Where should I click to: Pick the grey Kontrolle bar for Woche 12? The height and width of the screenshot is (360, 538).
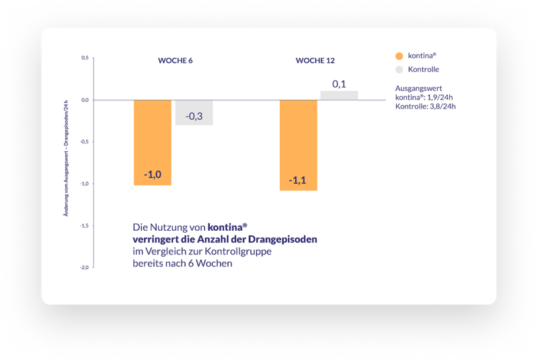[x=339, y=96]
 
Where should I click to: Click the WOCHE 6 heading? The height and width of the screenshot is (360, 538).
[x=175, y=61]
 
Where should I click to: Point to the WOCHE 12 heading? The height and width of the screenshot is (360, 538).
[x=315, y=61]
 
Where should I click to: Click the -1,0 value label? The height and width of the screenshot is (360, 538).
[x=153, y=175]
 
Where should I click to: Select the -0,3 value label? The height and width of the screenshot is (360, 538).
[x=194, y=116]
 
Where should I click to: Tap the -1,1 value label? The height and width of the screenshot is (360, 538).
[x=298, y=180]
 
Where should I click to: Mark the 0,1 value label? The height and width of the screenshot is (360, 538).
[x=339, y=84]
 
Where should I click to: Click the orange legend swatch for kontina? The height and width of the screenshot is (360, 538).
[x=399, y=56]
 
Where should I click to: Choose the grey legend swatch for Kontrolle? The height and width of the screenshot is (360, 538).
[x=399, y=69]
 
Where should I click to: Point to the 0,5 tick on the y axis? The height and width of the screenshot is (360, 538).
[x=85, y=58]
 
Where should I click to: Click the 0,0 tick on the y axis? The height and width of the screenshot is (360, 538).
[x=85, y=100]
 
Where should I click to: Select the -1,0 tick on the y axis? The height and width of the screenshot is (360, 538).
[x=84, y=184]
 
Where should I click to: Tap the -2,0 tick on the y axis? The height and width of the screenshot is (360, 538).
[x=84, y=267]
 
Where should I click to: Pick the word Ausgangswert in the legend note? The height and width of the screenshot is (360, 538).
[x=418, y=88]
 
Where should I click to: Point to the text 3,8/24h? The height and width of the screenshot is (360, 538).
[x=443, y=107]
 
